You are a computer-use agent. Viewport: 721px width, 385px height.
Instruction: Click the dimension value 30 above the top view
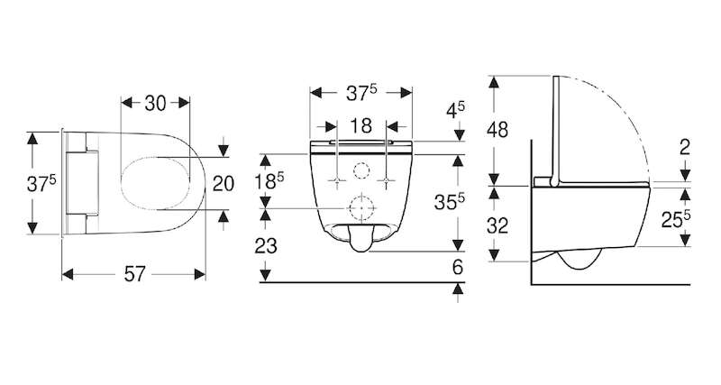click(x=155, y=103)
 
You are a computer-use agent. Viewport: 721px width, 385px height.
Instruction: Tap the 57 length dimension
click(x=134, y=275)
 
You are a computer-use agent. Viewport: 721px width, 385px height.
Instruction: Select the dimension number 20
click(x=224, y=184)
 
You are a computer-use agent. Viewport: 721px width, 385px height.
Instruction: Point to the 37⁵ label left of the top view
click(x=41, y=184)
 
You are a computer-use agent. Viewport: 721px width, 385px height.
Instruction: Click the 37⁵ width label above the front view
click(x=361, y=93)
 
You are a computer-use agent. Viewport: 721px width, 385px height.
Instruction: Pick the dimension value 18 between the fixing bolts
click(x=361, y=126)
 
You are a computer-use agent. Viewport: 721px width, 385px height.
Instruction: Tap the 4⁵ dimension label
click(x=456, y=110)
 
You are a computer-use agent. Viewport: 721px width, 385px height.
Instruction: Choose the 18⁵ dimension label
click(x=269, y=180)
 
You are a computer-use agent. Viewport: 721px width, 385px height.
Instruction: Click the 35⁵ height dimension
click(x=449, y=201)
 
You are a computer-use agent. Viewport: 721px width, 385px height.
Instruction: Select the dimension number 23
click(x=266, y=246)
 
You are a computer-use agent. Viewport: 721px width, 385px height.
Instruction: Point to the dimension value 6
click(x=458, y=267)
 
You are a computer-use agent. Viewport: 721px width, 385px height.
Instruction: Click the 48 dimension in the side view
click(x=497, y=130)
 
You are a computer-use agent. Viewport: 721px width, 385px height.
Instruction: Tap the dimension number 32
click(x=497, y=225)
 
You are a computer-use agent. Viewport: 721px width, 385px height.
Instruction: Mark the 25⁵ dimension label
click(x=676, y=220)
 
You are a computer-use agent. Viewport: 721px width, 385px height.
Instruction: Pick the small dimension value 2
click(x=685, y=147)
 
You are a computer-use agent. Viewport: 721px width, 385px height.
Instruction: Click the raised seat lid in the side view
click(x=556, y=131)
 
